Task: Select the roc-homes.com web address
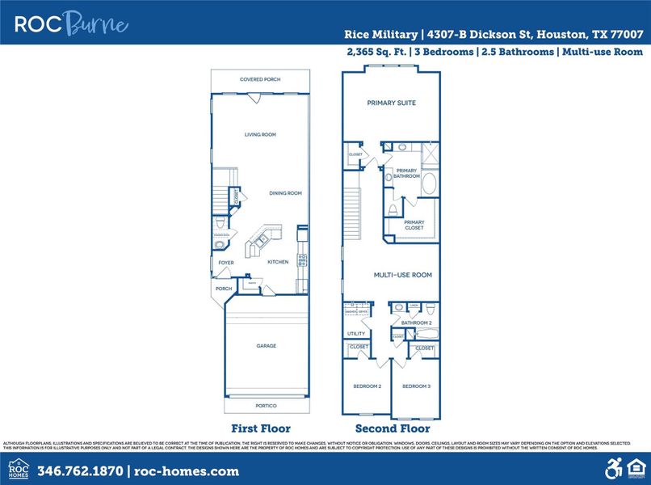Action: coord(187,471)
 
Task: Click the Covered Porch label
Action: coord(260,79)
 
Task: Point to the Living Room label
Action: coord(260,134)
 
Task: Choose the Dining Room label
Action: coord(285,193)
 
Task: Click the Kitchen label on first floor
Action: coord(278,262)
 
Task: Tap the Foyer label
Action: coord(226,263)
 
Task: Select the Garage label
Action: coord(266,346)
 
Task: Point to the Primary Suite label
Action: coord(391,103)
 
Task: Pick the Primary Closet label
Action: coord(414,225)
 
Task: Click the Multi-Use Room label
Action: coord(402,275)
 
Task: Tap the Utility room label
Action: coord(356,333)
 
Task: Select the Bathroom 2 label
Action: coord(417,323)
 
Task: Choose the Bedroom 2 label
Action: coord(367,386)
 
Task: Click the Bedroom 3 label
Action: coord(417,386)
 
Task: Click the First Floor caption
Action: coord(260,428)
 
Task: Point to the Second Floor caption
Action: coord(393,428)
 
